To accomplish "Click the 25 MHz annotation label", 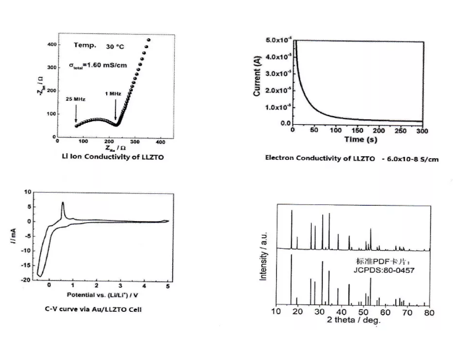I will click(75, 98).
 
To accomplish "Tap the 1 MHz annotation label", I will click(113, 94).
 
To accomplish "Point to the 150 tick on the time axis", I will click(358, 131).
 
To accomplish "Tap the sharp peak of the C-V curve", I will click(62, 203).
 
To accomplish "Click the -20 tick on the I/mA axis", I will click(27, 280).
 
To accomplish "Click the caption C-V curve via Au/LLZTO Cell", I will click(93, 309).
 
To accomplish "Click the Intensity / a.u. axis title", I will click(264, 257).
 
